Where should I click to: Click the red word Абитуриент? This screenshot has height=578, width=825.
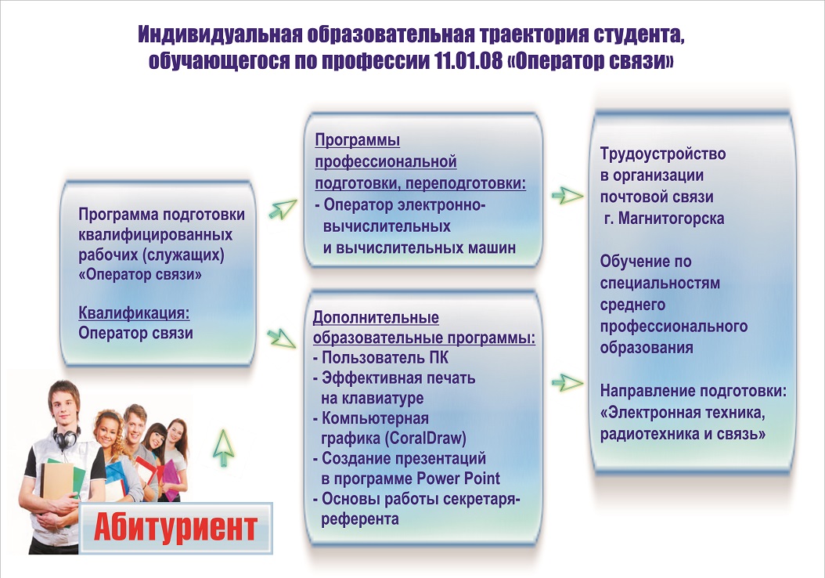point(176,527)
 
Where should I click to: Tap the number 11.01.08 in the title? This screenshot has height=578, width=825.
point(469,61)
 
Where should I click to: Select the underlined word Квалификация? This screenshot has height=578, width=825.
point(134,312)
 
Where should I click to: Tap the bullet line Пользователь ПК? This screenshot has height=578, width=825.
point(381,358)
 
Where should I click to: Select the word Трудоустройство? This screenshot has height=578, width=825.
point(663,154)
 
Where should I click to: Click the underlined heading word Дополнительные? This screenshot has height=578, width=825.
point(376,318)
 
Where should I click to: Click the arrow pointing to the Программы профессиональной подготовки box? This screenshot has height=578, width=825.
point(283,208)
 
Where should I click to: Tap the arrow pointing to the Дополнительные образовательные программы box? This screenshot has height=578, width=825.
point(282,338)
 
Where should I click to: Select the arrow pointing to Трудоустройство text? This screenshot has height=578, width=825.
point(567,195)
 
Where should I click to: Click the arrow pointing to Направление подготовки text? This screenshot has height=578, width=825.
point(567,383)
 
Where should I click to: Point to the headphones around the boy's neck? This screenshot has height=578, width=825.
point(65,438)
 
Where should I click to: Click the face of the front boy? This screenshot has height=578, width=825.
point(64,406)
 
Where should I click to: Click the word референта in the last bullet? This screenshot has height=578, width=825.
point(360,519)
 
